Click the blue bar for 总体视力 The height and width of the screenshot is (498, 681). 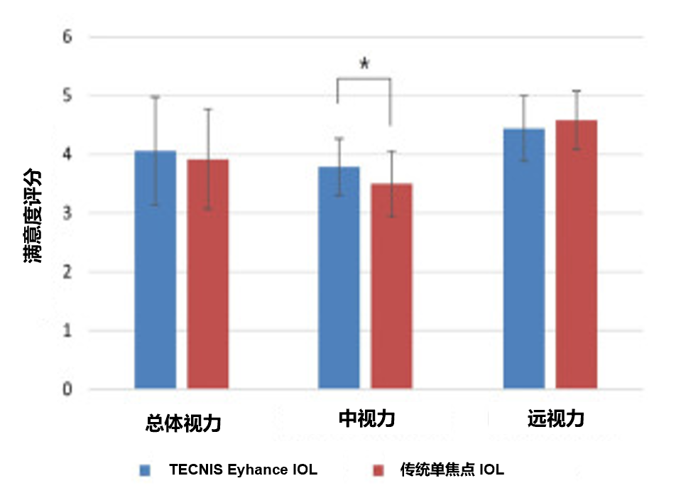155,270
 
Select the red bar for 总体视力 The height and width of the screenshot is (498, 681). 207,274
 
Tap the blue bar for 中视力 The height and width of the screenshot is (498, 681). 339,277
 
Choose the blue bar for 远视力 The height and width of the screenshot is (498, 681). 524,259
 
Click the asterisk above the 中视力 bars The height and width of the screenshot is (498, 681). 364,64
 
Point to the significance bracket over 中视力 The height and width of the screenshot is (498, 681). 364,80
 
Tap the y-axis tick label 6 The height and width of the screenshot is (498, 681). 67,36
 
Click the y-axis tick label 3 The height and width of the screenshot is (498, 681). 67,212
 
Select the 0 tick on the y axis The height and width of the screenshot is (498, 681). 67,389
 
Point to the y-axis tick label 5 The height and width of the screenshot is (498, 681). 67,95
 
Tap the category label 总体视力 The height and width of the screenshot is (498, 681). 183,424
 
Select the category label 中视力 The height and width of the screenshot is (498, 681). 366,419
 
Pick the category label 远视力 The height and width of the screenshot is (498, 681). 556,419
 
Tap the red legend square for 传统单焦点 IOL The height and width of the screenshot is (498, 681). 378,470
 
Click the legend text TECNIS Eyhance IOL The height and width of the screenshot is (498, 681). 243,470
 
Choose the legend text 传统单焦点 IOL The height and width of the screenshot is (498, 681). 452,470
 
